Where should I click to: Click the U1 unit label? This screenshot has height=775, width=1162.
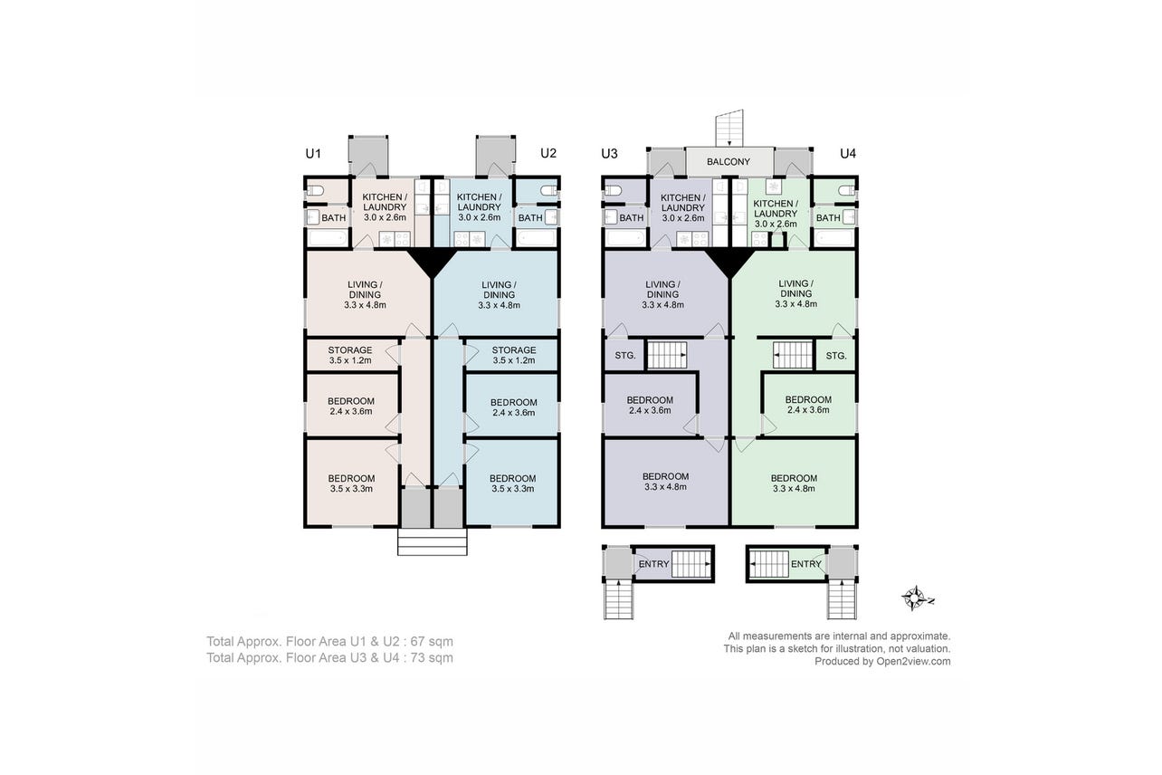(313, 154)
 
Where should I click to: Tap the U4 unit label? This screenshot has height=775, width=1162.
(848, 154)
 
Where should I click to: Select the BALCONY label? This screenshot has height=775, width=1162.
(729, 162)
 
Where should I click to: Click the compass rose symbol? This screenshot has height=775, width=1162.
(917, 598)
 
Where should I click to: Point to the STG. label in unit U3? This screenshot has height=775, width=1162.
(625, 356)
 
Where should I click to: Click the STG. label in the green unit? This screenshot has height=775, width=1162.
(836, 356)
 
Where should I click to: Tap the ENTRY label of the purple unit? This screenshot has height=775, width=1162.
(653, 564)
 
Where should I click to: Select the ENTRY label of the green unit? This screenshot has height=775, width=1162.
(806, 564)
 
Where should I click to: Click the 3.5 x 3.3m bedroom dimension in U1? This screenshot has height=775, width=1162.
(351, 489)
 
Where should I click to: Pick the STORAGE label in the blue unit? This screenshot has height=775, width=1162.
(513, 350)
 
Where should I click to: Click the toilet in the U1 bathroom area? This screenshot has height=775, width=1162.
(315, 191)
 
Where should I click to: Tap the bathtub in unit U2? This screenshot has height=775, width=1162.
(537, 238)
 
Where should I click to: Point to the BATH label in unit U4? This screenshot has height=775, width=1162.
(828, 218)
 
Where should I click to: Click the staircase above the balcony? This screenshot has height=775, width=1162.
(729, 129)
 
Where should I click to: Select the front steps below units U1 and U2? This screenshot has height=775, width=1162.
(432, 542)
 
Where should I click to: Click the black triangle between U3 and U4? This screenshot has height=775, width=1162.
(729, 262)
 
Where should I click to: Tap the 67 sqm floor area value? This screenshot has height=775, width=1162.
(432, 642)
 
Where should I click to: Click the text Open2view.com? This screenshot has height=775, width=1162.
(913, 661)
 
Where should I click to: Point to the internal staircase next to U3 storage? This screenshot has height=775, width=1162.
(667, 355)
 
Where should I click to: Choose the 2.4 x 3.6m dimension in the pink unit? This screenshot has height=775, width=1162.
(350, 412)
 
